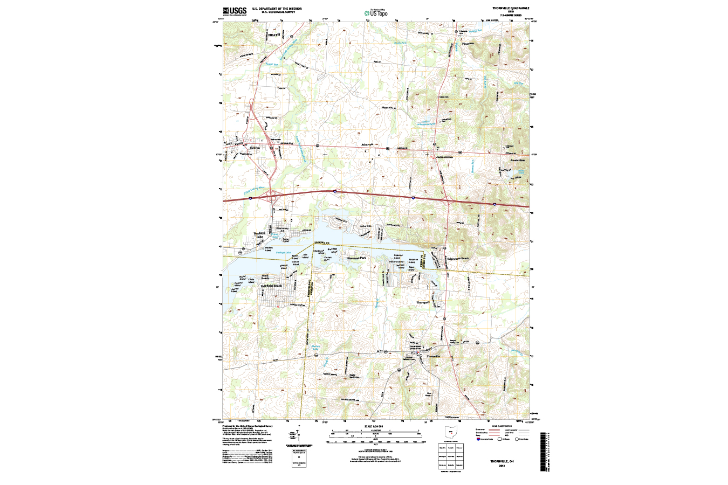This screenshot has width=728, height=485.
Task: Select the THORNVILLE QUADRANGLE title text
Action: pyautogui.click(x=510, y=9)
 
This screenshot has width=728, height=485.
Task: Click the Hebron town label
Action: pyautogui.click(x=255, y=148)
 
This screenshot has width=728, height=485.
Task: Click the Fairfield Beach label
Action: pyautogui.click(x=271, y=286)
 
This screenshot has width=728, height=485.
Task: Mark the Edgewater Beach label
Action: pyautogui.click(x=458, y=259)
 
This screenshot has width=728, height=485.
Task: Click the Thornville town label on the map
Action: pyautogui.click(x=434, y=357)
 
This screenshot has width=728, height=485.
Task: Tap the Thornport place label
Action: pyautogui.click(x=423, y=302)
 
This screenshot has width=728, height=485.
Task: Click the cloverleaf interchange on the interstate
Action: pyautogui.click(x=271, y=197)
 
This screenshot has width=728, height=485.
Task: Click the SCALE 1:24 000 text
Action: pyautogui.click(x=377, y=426)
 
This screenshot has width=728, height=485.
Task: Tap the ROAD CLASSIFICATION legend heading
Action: pyautogui.click(x=502, y=426)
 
